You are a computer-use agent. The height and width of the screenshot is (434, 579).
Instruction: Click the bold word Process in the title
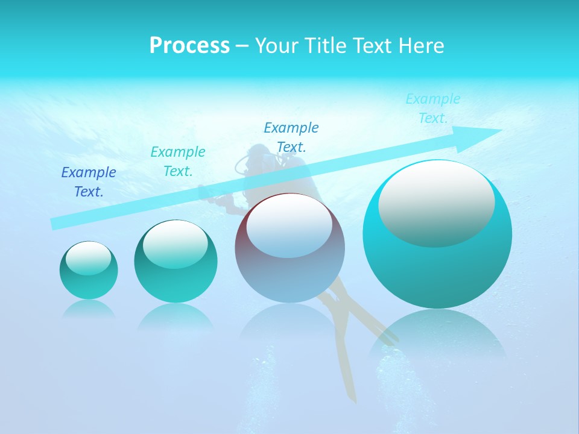[189, 46]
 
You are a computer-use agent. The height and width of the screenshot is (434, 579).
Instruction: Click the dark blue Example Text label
[89, 182]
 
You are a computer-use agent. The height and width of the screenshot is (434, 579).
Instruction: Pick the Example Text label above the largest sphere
[433, 108]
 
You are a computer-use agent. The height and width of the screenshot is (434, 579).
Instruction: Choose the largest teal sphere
[437, 265]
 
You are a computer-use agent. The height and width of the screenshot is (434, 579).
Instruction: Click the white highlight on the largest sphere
[437, 204]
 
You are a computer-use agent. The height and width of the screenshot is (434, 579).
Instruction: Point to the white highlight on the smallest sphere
[89, 259]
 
